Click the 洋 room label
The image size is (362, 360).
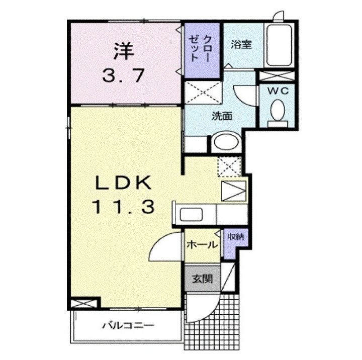(x=124, y=51)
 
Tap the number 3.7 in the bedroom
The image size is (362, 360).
(x=124, y=75)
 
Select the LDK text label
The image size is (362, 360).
(x=124, y=183)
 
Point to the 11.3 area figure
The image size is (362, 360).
(x=124, y=207)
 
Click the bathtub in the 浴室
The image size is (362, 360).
(x=279, y=45)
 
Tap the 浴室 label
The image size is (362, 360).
(x=241, y=44)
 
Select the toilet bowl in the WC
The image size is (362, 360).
(x=278, y=110)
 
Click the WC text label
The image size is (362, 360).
(x=278, y=91)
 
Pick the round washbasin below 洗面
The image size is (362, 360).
(x=226, y=141)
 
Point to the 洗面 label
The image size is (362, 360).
(x=222, y=116)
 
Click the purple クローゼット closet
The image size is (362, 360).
(x=202, y=50)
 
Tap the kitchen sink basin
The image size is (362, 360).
(x=192, y=215)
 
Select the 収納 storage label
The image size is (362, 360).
(x=236, y=236)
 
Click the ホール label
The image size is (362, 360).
(x=202, y=244)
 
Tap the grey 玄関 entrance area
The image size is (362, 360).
(x=203, y=279)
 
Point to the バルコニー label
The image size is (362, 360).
(x=128, y=326)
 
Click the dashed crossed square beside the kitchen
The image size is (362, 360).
(x=229, y=167)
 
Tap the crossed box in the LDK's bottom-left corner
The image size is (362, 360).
(x=84, y=304)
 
